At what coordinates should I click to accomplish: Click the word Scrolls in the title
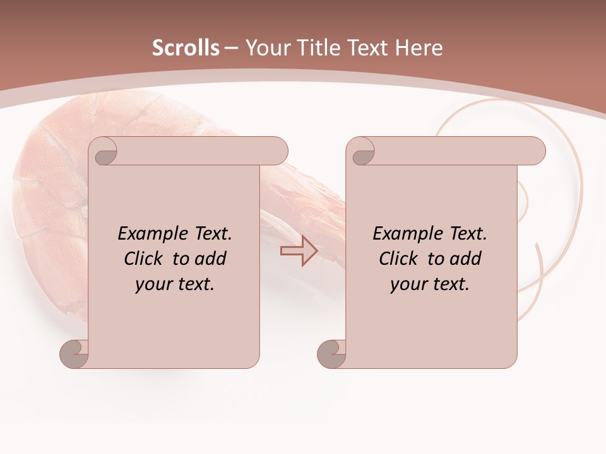pos(186,48)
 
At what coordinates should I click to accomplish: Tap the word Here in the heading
pos(419,48)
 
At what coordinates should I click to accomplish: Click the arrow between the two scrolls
pos(299,251)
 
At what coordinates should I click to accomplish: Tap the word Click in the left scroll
pos(145,259)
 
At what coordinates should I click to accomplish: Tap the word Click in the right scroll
pos(398,259)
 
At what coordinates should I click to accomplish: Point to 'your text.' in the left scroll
pos(175,284)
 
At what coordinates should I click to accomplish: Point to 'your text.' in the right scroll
pos(430,284)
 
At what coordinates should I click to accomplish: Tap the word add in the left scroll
pos(211,259)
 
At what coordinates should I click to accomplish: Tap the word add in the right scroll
pos(466,259)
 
